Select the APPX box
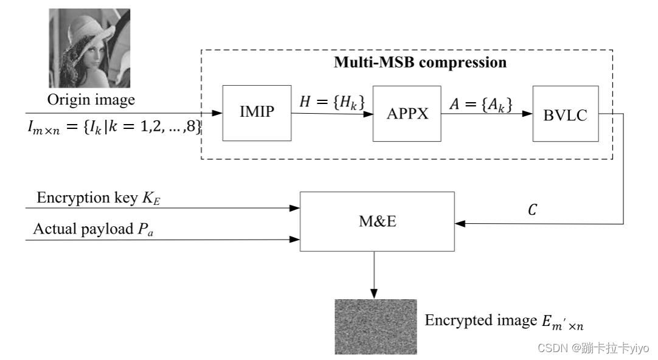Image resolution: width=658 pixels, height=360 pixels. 407,114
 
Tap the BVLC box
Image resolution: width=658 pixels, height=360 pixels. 564,114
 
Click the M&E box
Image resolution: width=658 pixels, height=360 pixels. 377,221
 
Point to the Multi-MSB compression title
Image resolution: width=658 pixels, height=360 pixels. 420,63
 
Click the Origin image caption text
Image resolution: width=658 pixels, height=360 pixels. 91,99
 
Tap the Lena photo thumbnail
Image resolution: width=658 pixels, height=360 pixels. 89,48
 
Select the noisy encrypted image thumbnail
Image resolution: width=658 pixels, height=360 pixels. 376,326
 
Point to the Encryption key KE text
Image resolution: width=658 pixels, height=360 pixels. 95,198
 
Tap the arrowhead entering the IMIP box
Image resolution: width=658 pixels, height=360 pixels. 218,114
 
